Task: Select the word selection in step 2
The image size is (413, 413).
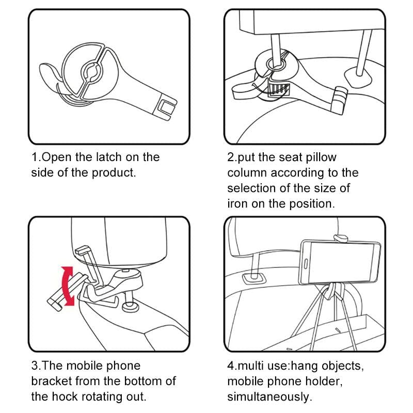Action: pyautogui.click(x=252, y=188)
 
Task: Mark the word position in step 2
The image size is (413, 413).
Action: pyautogui.click(x=311, y=203)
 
